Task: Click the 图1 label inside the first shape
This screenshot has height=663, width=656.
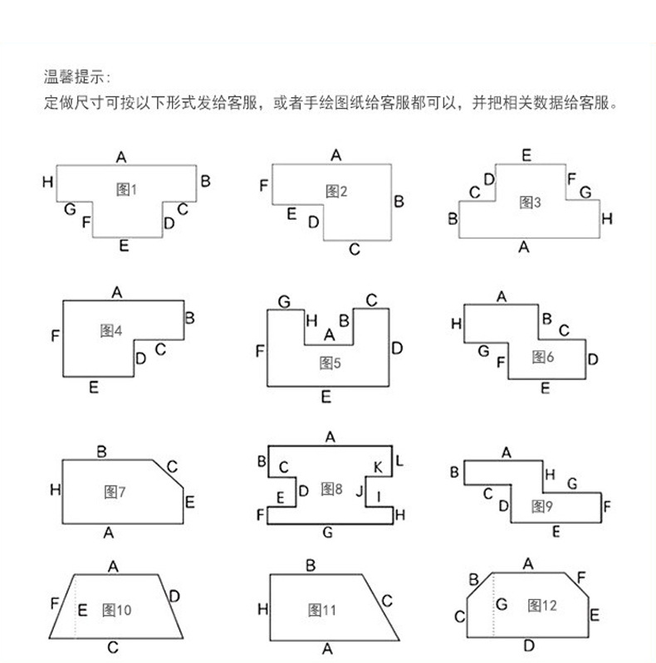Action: pos(126,189)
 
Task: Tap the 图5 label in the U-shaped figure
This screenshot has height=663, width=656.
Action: pos(330,363)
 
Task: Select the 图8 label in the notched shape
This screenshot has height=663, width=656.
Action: pos(332,490)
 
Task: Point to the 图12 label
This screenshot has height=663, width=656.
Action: pos(541,605)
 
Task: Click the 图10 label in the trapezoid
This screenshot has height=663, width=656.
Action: pos(116,610)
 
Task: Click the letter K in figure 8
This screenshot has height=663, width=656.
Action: pos(378,469)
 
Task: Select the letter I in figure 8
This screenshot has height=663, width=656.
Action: pos(379,497)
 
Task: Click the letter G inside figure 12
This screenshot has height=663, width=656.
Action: pos(501,604)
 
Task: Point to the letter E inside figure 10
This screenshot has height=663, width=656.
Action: pos(82,610)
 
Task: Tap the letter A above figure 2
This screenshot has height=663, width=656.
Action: pos(336,154)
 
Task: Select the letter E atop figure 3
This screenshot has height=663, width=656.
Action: pos(526,155)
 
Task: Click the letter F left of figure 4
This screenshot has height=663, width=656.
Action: pos(55,336)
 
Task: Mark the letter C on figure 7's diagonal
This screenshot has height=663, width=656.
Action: pos(172,466)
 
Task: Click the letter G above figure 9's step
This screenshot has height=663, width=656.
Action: pos(571,483)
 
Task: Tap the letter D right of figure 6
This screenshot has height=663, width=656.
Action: pos(592,359)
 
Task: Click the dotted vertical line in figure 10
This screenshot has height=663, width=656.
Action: pos(76,606)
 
